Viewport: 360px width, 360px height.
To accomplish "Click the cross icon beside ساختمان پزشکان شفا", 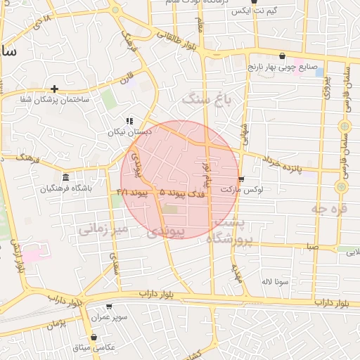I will pyautogui.click(x=54, y=89).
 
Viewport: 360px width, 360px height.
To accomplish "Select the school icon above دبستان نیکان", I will pyautogui.click(x=129, y=121).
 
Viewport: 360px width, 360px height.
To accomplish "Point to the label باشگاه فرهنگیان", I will pyautogui.click(x=67, y=188).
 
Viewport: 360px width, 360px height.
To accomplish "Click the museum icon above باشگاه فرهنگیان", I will pyautogui.click(x=66, y=176).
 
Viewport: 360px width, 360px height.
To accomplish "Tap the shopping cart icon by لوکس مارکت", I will pyautogui.click(x=242, y=179).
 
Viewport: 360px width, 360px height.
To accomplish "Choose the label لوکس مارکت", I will pyautogui.click(x=241, y=190).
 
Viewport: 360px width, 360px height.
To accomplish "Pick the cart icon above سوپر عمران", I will pyautogui.click(x=108, y=307).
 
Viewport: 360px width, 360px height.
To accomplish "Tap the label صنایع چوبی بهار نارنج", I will pyautogui.click(x=281, y=67).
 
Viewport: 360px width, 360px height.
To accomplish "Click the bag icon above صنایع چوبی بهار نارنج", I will pyautogui.click(x=282, y=56).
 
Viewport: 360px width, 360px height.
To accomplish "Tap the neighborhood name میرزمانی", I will pyautogui.click(x=103, y=229).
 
